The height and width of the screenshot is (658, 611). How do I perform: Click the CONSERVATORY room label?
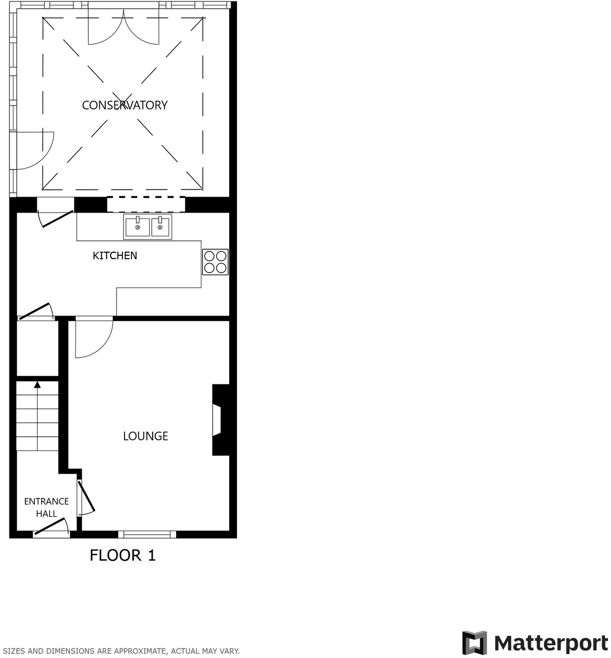[x=124, y=105]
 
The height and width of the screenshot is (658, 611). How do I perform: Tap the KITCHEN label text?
[x=115, y=256]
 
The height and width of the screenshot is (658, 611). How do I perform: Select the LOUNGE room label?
[x=145, y=436]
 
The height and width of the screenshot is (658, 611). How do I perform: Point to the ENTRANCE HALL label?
[x=46, y=507]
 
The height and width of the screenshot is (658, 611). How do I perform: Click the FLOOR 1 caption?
[x=122, y=555]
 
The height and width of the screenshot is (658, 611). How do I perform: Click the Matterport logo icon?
[x=475, y=643]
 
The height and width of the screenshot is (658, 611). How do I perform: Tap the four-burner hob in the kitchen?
[x=215, y=262]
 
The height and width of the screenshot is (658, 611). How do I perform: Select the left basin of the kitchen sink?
[x=137, y=227]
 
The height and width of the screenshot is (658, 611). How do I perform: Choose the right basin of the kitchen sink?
[x=160, y=227]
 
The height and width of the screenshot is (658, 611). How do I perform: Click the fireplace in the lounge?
[x=218, y=420]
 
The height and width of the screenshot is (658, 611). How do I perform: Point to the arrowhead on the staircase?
[x=37, y=384]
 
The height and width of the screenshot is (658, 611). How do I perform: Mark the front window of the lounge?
[x=147, y=534]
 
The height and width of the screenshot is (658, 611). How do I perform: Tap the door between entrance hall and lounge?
[x=85, y=497]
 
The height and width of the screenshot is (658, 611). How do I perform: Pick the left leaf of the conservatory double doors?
[x=105, y=30]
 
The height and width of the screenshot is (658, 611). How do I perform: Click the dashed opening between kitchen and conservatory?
[x=146, y=204]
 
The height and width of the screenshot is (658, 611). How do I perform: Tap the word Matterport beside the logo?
[x=550, y=643]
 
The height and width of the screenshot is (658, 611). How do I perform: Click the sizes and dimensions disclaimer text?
[x=121, y=651]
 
